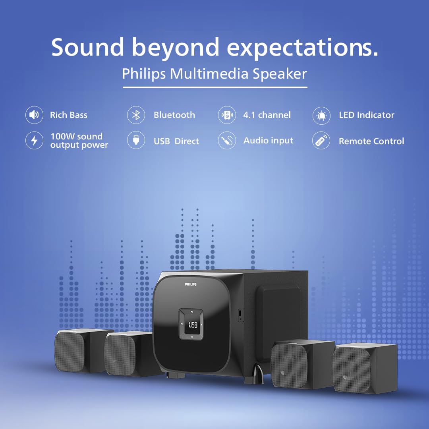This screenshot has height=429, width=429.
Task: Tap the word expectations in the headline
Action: [302, 48]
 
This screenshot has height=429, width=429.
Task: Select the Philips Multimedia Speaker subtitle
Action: [214, 74]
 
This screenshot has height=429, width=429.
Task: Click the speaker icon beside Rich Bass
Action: [34, 115]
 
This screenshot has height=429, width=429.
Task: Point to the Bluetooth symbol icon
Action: [136, 115]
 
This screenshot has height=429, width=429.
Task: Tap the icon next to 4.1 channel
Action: [227, 116]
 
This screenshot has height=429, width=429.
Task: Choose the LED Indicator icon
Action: [321, 116]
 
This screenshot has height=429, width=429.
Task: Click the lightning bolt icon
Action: [34, 141]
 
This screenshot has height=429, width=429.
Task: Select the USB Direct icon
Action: [136, 141]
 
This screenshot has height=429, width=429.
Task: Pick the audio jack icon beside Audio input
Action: [227, 141]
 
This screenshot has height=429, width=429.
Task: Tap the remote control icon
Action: [321, 141]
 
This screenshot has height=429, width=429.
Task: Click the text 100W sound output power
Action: [79, 141]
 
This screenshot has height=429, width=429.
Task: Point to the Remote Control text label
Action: [371, 141]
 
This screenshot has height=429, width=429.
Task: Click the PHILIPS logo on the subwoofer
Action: [191, 284]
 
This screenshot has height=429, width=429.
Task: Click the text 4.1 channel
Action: [267, 115]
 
